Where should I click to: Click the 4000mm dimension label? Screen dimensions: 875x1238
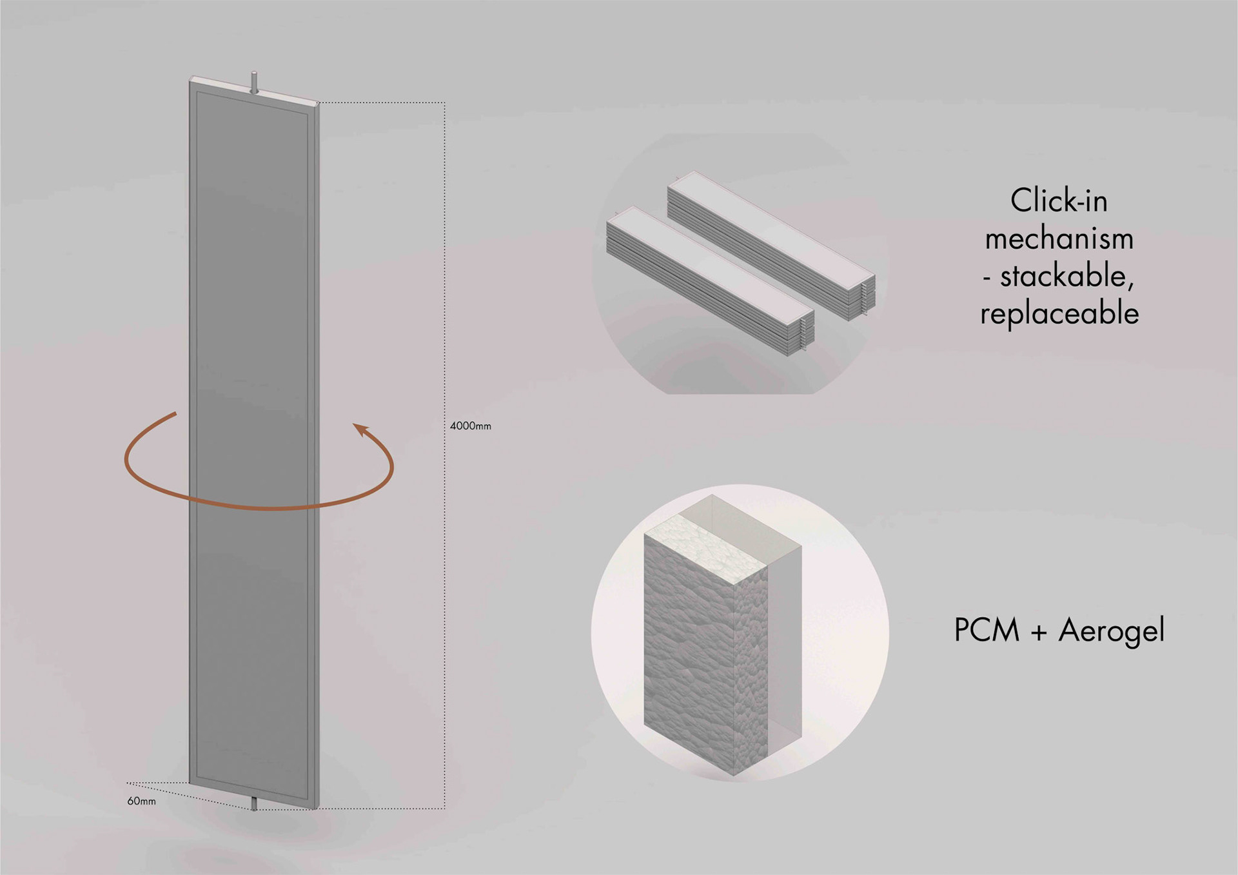[470, 426]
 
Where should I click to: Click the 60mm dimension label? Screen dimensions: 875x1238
[141, 801]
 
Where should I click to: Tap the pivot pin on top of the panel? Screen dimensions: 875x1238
[255, 83]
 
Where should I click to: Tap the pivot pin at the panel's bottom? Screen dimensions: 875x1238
[254, 803]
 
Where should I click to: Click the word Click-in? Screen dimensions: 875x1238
[1059, 201]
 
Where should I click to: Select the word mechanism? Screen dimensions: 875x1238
[1059, 239]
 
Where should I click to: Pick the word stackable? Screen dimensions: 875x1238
[1067, 276]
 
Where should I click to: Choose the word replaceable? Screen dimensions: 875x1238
[1059, 313]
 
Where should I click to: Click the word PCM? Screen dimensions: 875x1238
[986, 630]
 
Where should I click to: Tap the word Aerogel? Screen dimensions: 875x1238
[1112, 631]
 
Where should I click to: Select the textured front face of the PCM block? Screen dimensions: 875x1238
[690, 651]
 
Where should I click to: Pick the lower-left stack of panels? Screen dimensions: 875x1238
[709, 284]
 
